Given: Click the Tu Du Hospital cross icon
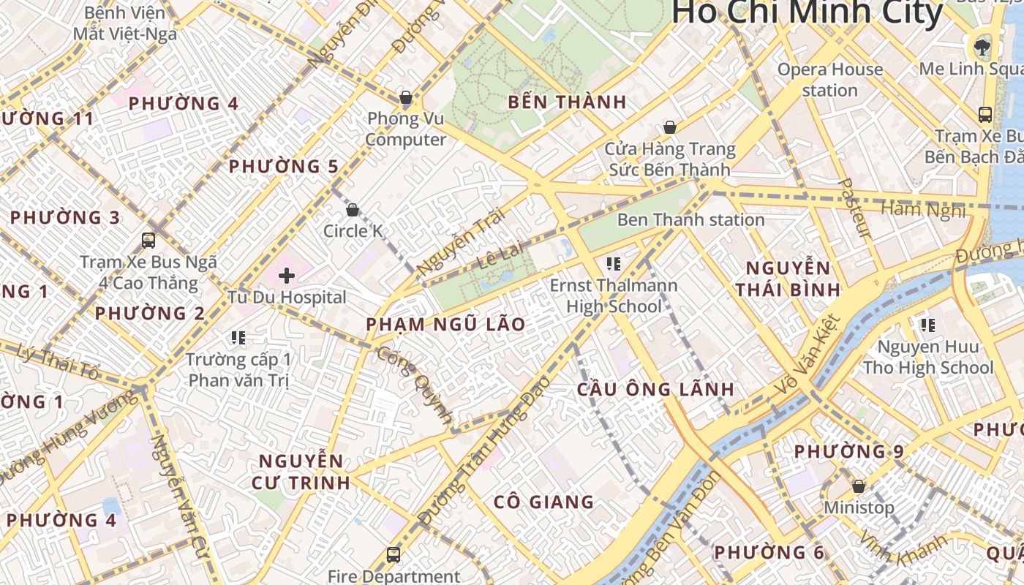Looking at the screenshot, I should [287, 276].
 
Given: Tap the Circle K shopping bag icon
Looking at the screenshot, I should [353, 211].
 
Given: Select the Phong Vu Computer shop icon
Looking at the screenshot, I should [405, 97].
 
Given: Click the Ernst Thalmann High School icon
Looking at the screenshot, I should [613, 263].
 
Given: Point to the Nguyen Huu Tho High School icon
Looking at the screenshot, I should [927, 325].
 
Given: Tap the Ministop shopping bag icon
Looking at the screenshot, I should [859, 486].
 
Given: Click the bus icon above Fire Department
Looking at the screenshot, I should [394, 555].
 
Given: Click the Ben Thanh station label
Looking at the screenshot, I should [690, 219].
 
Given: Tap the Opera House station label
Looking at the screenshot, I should [830, 80].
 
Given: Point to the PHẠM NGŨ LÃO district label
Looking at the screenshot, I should [445, 324].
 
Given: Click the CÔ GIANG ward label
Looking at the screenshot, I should [543, 502].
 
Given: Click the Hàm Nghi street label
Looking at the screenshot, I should [923, 210].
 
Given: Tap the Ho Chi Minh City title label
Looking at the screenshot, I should [807, 13].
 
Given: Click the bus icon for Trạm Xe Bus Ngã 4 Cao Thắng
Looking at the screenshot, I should [148, 240].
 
